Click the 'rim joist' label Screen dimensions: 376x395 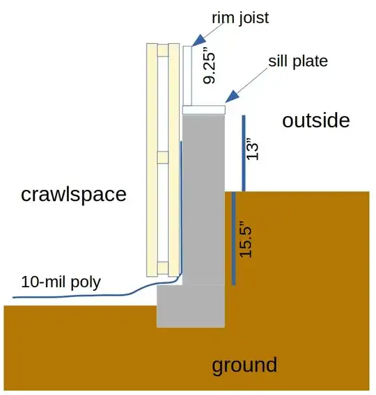(240, 18)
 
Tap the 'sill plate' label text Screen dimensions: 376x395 (298, 61)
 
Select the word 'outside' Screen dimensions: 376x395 (315, 121)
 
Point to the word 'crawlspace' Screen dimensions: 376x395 (73, 195)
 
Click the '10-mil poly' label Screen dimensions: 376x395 (61, 282)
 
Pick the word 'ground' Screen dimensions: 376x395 (244, 365)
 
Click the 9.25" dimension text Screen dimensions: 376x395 (210, 67)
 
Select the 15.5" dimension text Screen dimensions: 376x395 (245, 239)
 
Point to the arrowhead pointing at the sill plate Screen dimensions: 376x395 (231, 97)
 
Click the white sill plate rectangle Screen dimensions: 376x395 (204, 110)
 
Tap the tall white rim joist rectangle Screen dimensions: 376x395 (187, 76)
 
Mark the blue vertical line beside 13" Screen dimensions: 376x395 (244, 154)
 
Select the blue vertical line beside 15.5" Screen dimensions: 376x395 (234, 239)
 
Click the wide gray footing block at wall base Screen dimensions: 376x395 (191, 306)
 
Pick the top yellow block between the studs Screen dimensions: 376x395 (163, 50)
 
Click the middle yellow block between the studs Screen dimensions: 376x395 (163, 157)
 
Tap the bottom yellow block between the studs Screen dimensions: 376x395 (163, 268)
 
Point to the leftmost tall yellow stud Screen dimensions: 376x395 (152, 160)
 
